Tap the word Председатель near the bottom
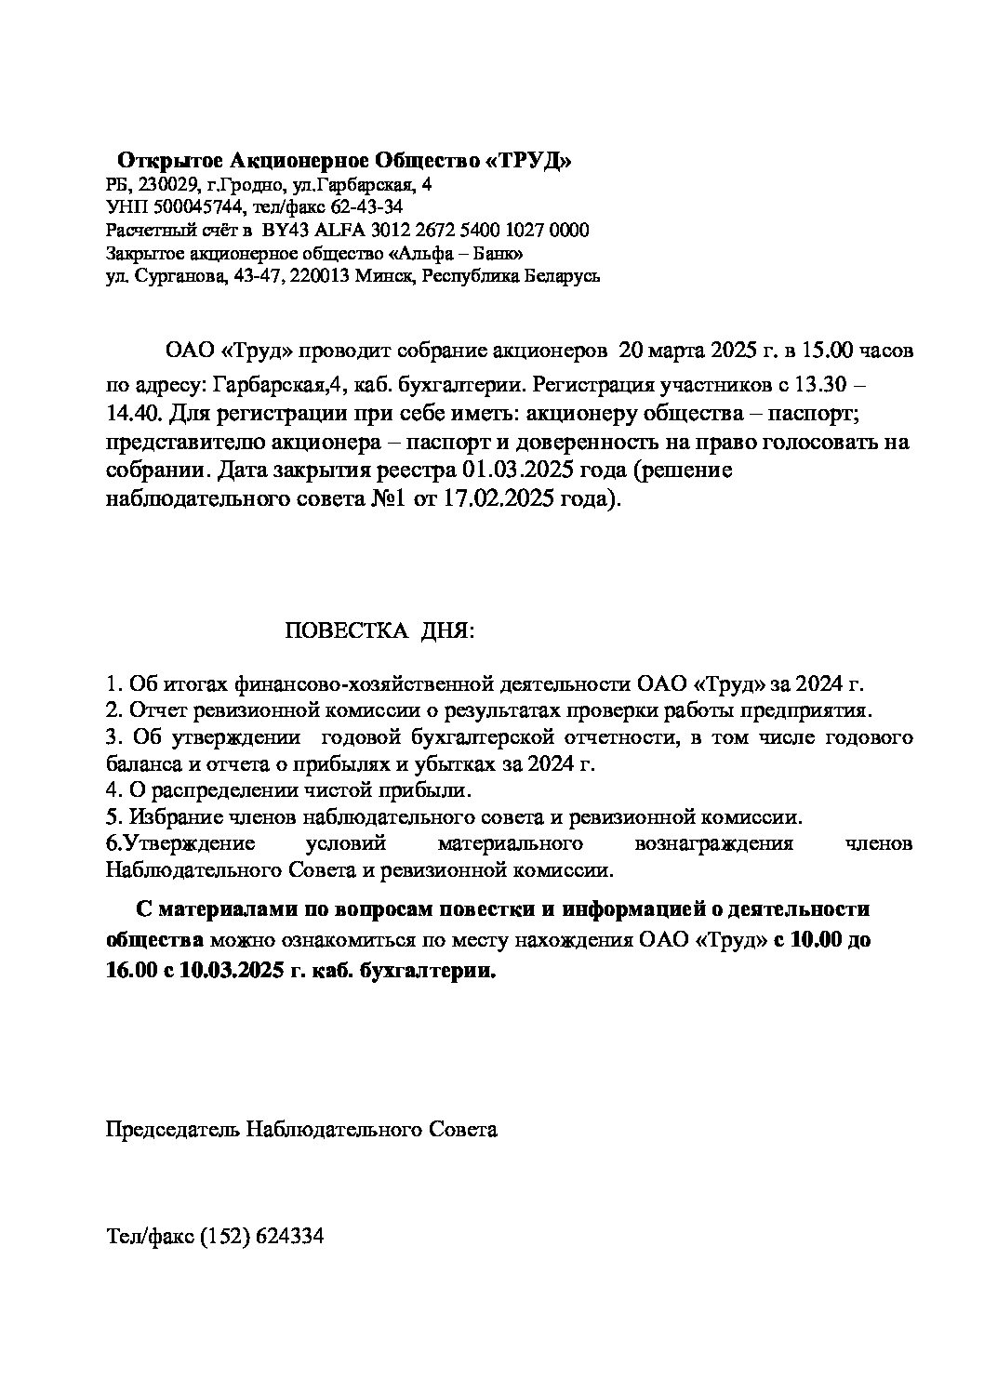click(172, 1129)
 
